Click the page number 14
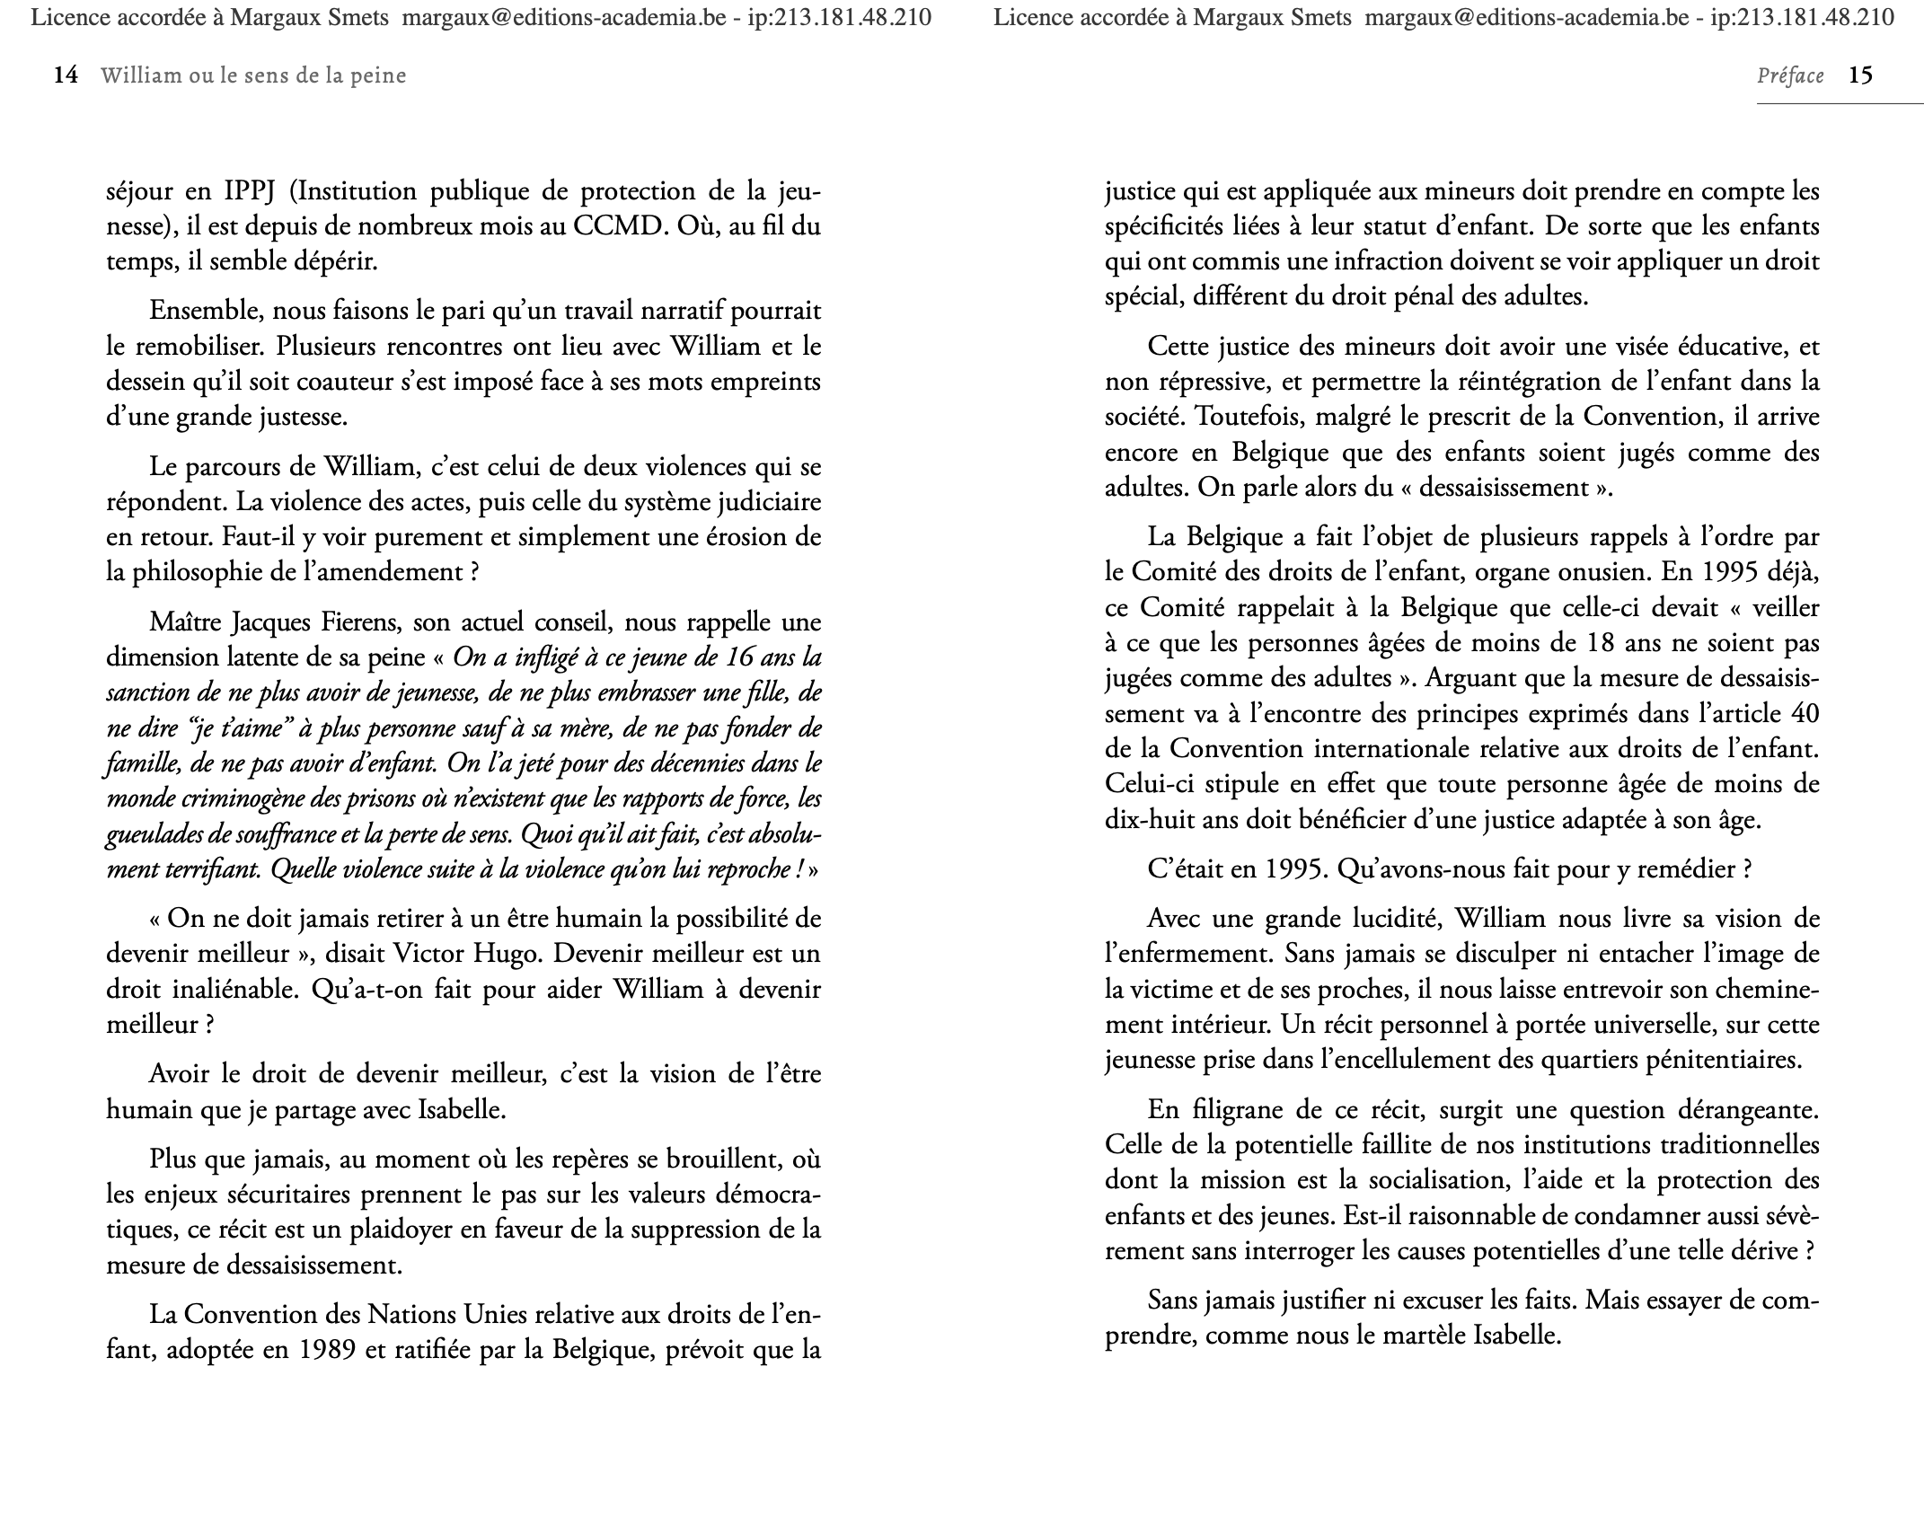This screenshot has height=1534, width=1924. tap(66, 75)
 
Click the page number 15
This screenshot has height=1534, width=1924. tap(1860, 75)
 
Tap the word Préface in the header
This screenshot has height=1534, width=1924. tap(1789, 76)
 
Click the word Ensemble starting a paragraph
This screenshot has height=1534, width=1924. tap(203, 311)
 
